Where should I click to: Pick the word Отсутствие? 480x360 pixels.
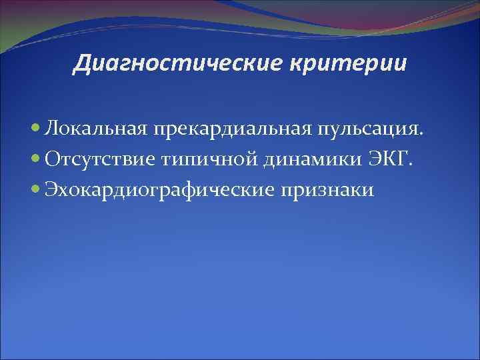pyautogui.click(x=99, y=159)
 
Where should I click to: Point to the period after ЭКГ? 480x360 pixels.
pyautogui.click(x=413, y=165)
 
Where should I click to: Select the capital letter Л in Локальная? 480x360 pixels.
pyautogui.click(x=51, y=128)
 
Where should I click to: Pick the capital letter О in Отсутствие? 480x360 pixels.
pyautogui.click(x=53, y=159)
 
